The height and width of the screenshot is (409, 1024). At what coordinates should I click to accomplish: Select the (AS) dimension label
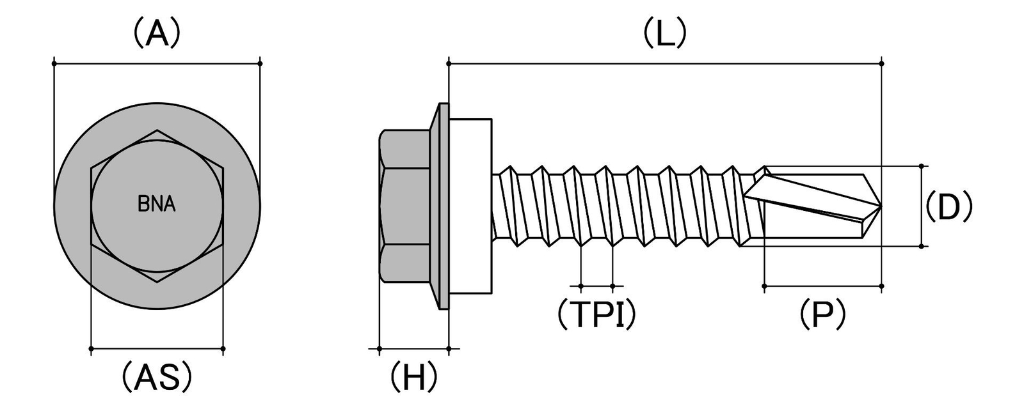coord(157,377)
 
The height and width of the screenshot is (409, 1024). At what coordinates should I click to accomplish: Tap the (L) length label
coord(665,33)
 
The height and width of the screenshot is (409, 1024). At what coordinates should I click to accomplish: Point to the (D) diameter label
coord(949,207)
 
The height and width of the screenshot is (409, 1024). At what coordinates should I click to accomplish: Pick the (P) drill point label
coord(823,314)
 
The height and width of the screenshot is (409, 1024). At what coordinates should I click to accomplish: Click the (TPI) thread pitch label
coord(596,314)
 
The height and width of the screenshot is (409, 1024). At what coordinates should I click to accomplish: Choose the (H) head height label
coord(413,378)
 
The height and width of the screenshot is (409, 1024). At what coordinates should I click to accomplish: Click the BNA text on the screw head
coord(157,204)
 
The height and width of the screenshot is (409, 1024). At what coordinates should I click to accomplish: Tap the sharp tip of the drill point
coord(881,206)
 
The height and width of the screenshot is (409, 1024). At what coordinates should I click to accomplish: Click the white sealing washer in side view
coord(470,206)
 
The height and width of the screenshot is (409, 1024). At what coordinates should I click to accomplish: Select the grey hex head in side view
coord(404,206)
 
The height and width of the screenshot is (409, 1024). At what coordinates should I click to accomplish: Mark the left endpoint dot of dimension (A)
coord(54,63)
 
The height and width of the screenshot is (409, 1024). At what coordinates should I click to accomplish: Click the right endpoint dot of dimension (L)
coord(882,63)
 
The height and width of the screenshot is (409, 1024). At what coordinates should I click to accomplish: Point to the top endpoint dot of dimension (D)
coord(922,166)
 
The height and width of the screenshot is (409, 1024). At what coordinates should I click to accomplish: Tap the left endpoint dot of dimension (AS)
coord(92,349)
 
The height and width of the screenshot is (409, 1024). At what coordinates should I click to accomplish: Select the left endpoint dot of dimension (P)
coord(764,286)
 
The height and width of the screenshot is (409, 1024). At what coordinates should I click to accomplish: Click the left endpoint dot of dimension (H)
coord(380,349)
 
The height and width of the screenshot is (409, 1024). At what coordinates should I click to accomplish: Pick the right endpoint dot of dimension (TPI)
coord(612,286)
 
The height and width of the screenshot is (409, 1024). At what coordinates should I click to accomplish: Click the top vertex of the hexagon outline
coord(157,130)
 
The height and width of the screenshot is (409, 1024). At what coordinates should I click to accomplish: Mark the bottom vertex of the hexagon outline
coord(157,282)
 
